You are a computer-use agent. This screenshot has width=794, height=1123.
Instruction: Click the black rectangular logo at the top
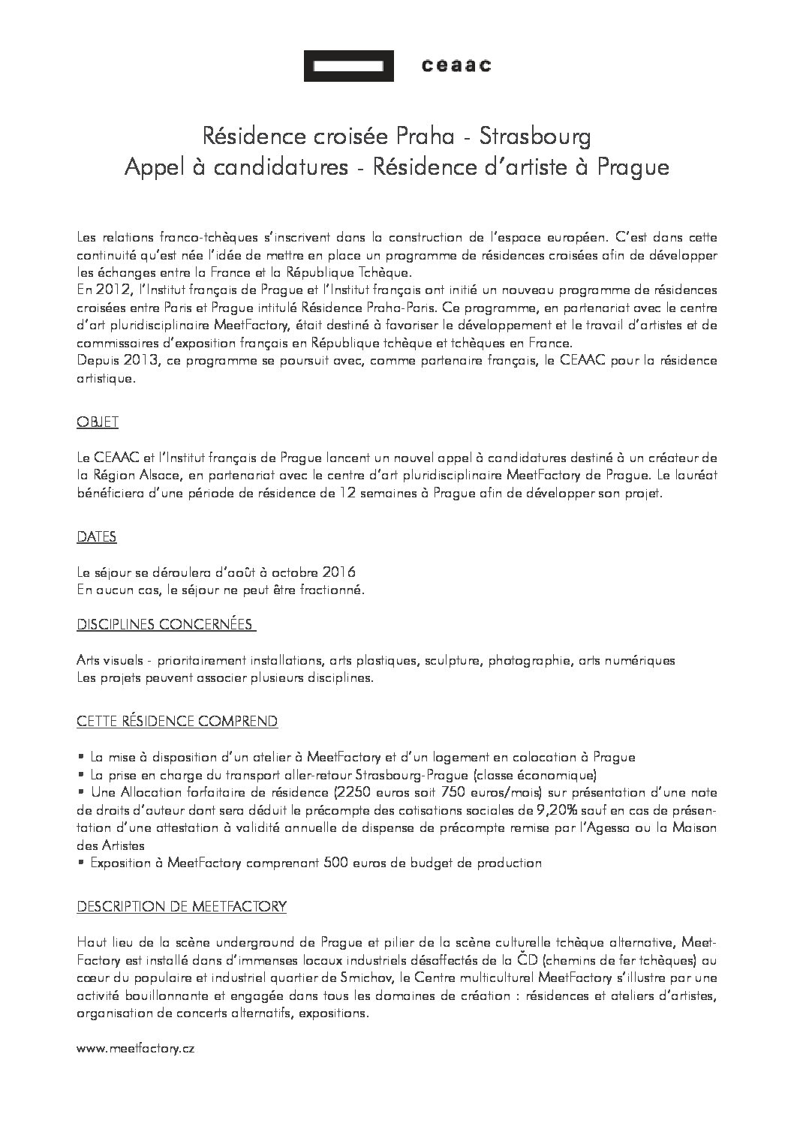[x=348, y=66]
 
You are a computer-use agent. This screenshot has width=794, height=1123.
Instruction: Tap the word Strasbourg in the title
[x=535, y=137]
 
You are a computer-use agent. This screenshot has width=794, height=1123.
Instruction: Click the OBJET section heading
[x=98, y=423]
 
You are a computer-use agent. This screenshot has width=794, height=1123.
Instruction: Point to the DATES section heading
[x=97, y=537]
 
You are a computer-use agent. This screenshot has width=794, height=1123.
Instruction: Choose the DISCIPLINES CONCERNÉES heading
[x=166, y=625]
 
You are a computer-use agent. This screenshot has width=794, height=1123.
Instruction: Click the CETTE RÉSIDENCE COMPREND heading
[x=177, y=722]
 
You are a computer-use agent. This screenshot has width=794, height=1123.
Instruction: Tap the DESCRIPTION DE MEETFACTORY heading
[x=182, y=907]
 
